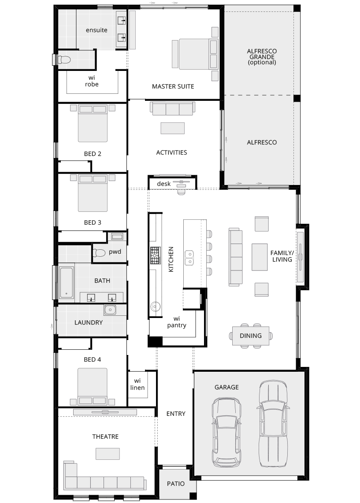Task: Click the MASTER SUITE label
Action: (x=173, y=86)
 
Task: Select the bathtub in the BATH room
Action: (x=67, y=282)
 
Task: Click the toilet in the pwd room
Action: (x=99, y=253)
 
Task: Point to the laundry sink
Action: (x=110, y=310)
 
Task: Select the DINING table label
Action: (x=251, y=336)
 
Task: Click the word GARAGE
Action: (x=226, y=387)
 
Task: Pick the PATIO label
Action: (x=175, y=484)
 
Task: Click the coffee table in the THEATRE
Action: (x=108, y=454)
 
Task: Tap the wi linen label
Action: (x=137, y=385)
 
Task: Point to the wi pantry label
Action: (x=177, y=322)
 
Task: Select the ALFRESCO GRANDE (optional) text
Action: (x=261, y=56)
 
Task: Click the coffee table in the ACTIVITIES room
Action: (x=172, y=128)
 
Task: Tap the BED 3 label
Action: (x=93, y=222)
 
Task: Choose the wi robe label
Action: (x=92, y=81)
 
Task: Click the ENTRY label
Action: (x=176, y=414)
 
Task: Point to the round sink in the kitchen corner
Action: (x=155, y=306)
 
